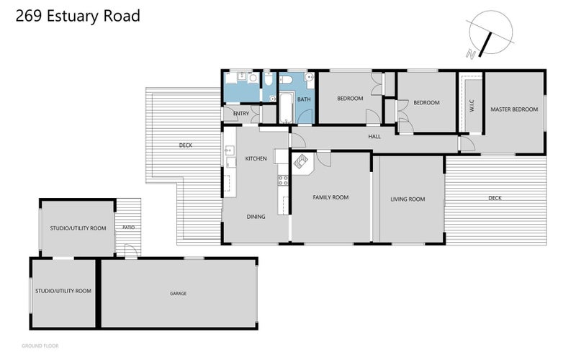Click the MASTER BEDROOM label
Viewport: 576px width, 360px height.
click(514, 109)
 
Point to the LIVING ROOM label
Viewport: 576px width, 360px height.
click(408, 199)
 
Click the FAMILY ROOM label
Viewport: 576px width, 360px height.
click(330, 197)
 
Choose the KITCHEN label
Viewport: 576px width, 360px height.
click(256, 158)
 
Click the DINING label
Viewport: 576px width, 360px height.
click(256, 216)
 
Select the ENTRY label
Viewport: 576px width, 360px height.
click(240, 114)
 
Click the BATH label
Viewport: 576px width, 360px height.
click(304, 99)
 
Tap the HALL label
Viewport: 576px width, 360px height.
click(374, 136)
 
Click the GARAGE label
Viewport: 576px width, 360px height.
click(178, 294)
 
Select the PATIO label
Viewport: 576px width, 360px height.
click(128, 228)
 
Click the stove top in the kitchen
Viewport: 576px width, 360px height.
click(283, 180)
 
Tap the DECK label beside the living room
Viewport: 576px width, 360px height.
click(495, 198)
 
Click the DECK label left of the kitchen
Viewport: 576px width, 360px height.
click(186, 145)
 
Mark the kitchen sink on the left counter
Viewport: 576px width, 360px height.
click(230, 151)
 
